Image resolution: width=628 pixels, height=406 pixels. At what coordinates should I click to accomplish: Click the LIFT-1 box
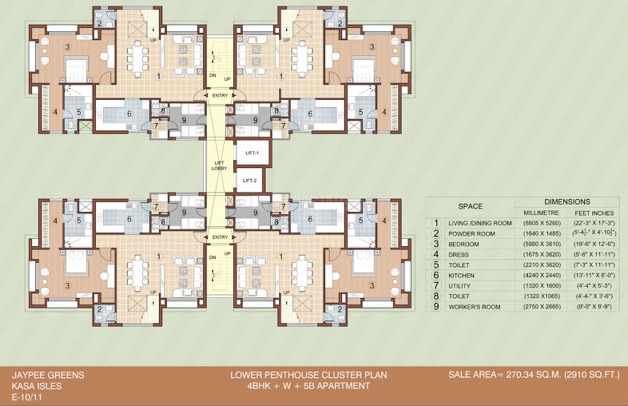pyautogui.click(x=252, y=153)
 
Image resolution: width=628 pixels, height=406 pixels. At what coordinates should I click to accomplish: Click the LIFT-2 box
pyautogui.click(x=250, y=180)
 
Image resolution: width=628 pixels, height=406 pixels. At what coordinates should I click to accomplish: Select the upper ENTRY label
pyautogui.click(x=220, y=95)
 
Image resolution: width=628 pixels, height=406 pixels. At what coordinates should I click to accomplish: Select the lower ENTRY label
pyautogui.click(x=220, y=238)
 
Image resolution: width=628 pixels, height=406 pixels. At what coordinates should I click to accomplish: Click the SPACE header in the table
pyautogui.click(x=470, y=206)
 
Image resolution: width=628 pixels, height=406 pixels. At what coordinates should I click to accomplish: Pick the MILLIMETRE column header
pyautogui.click(x=542, y=212)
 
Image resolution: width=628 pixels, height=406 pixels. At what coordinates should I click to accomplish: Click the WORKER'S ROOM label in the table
pyautogui.click(x=474, y=307)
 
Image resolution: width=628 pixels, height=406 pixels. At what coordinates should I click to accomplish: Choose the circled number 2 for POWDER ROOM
pyautogui.click(x=435, y=233)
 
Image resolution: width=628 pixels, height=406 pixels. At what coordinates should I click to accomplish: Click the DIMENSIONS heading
pyautogui.click(x=567, y=201)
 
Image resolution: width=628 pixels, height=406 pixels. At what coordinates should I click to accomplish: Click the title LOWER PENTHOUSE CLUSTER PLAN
pyautogui.click(x=309, y=375)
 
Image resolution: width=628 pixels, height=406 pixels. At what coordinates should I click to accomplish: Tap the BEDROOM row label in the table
pyautogui.click(x=465, y=244)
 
